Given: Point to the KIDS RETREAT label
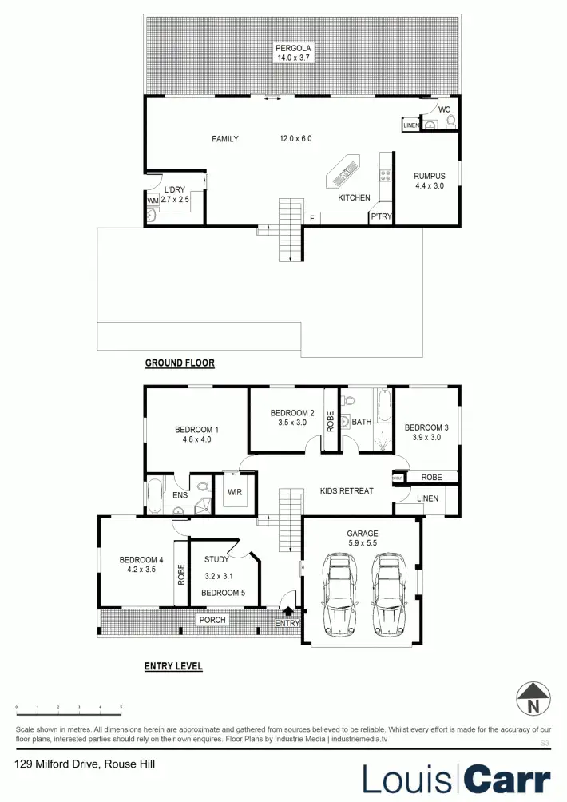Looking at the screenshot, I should pyautogui.click(x=346, y=490).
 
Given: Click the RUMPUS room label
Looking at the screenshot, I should pyautogui.click(x=429, y=176).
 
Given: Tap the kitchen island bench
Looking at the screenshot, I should pyautogui.click(x=343, y=169).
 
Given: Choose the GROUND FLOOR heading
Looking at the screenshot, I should pyautogui.click(x=180, y=363).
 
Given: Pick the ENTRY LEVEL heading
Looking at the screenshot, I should pyautogui.click(x=173, y=666).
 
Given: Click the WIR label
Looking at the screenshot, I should pyautogui.click(x=234, y=492).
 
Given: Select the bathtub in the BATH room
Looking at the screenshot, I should pyautogui.click(x=383, y=405).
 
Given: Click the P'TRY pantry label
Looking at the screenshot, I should pyautogui.click(x=381, y=216).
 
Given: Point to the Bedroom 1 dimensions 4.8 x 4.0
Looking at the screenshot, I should pyautogui.click(x=196, y=439).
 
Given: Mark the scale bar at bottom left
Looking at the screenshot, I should pyautogui.click(x=69, y=708).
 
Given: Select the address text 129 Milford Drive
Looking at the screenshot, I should pyautogui.click(x=85, y=764).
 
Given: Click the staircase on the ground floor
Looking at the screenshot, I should pyautogui.click(x=288, y=230).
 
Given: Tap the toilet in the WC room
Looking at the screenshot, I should pyautogui.click(x=450, y=121).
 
